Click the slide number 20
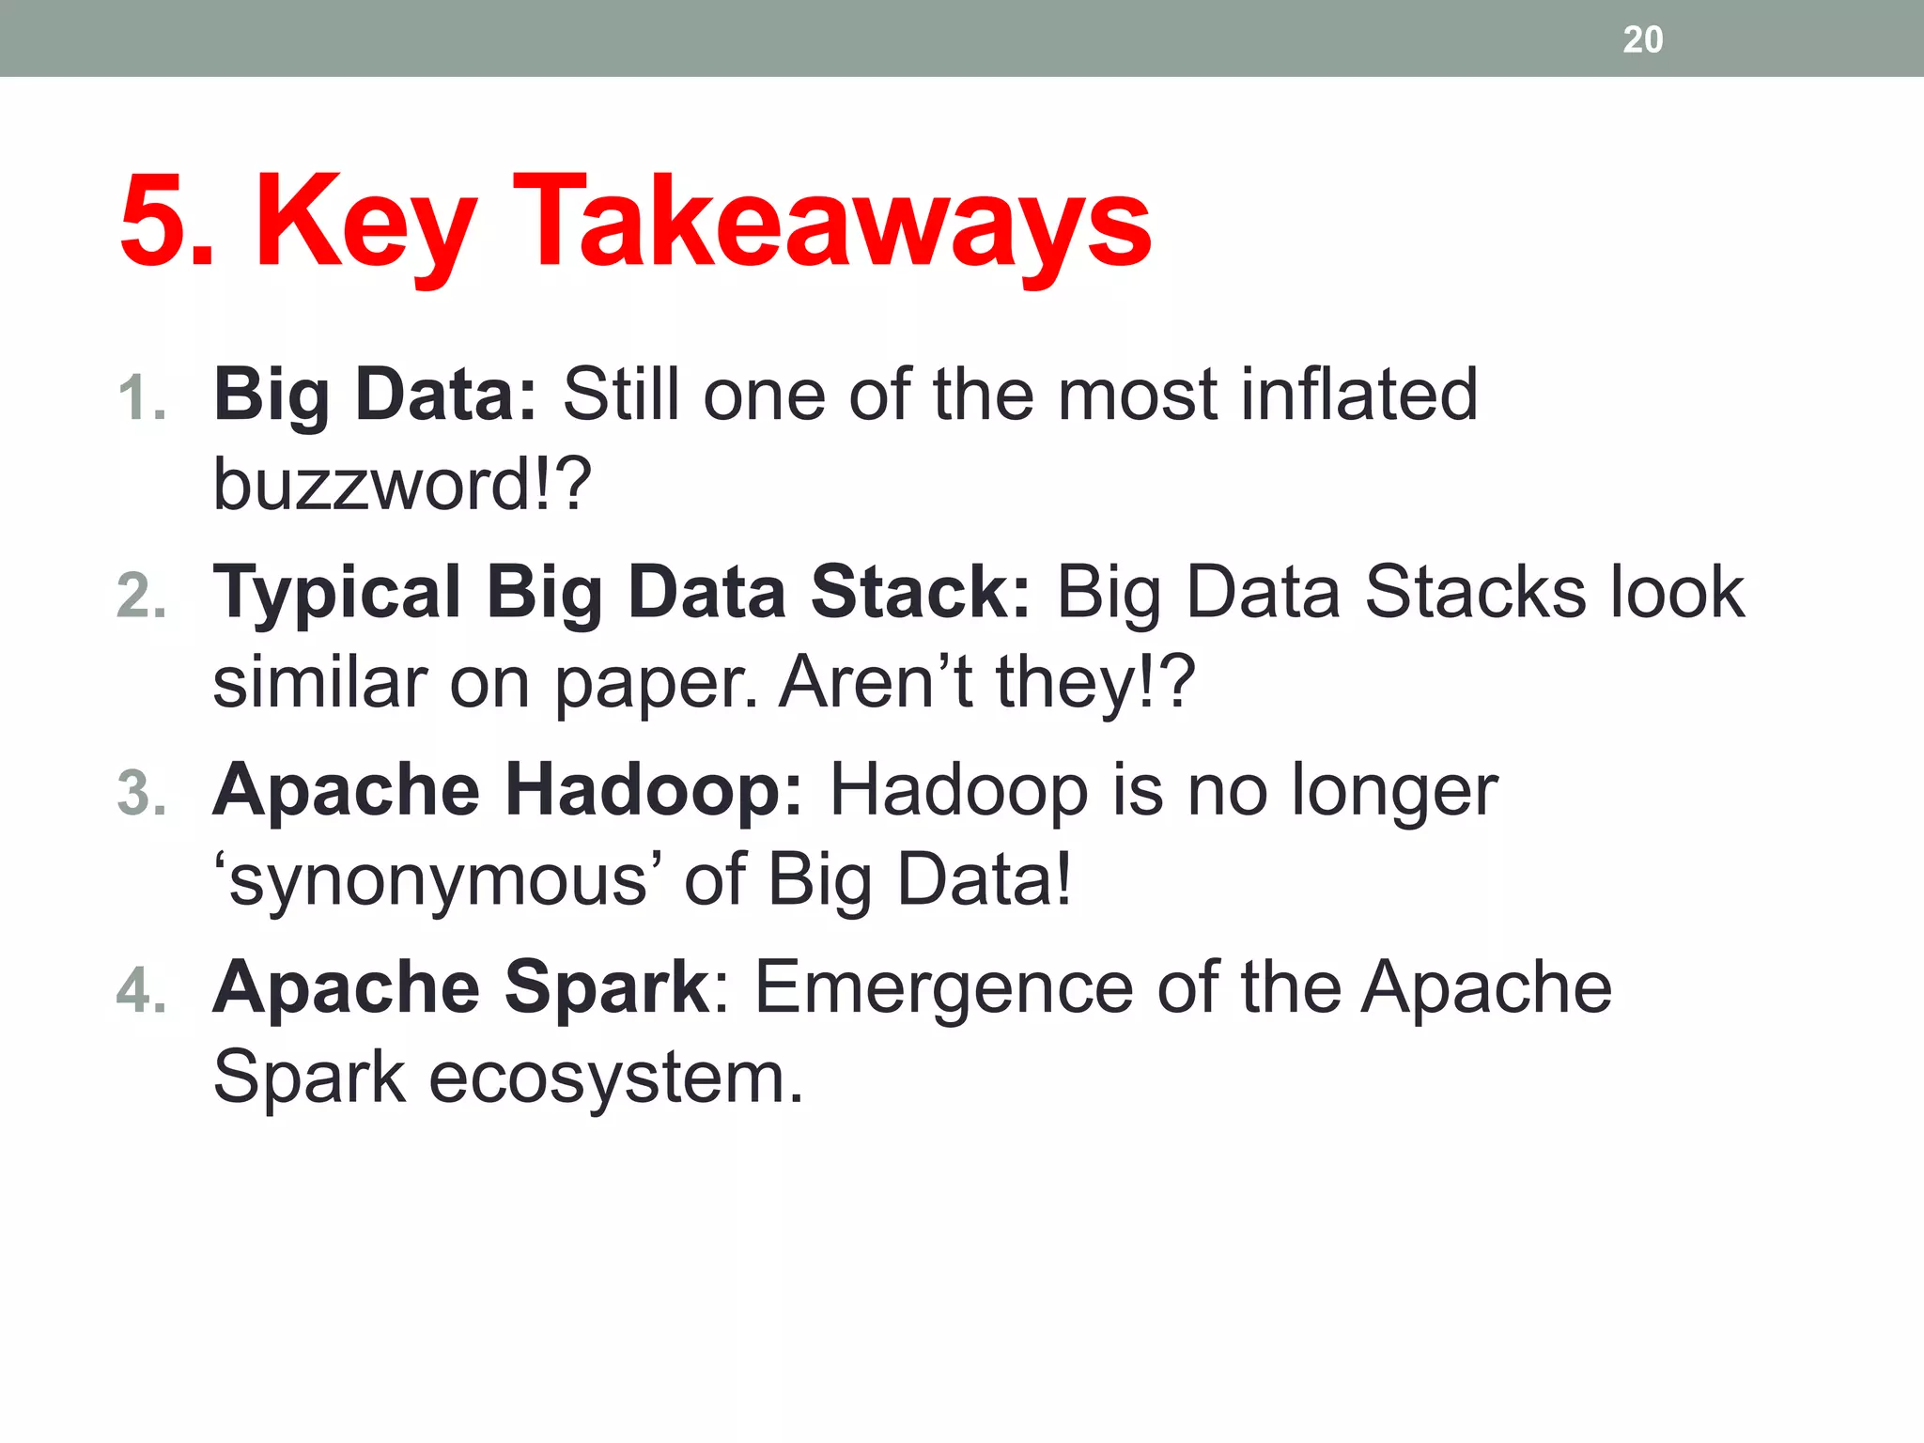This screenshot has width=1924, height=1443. pyautogui.click(x=1642, y=39)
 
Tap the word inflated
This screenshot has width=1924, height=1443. pyautogui.click(x=1358, y=395)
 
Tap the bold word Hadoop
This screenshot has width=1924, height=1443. pyautogui.click(x=654, y=790)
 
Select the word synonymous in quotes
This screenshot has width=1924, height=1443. pyautogui.click(x=438, y=881)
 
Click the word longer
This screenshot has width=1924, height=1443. pyautogui.click(x=1394, y=792)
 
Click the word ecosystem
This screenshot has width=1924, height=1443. pyautogui.click(x=615, y=1078)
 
